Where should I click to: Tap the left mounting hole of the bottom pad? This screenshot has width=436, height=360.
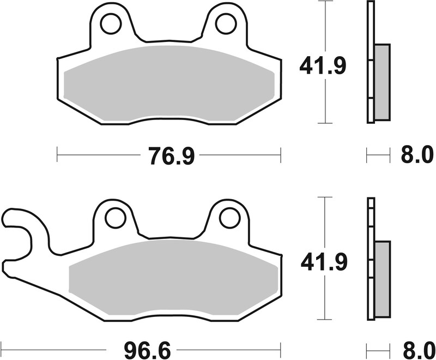point(115,218)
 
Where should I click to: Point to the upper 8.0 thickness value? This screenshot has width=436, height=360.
point(413,157)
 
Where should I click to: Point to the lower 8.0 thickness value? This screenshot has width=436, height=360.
point(413,347)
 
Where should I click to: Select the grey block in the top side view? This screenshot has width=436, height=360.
point(383,82)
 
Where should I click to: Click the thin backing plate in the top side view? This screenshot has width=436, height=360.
point(371,22)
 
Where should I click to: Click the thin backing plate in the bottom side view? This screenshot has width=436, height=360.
point(371,218)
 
